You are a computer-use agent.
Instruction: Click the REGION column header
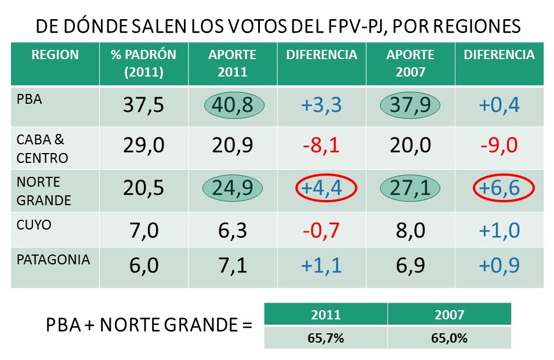[55, 55]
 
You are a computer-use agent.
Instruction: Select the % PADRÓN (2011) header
[143, 63]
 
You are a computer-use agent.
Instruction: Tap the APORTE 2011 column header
[232, 63]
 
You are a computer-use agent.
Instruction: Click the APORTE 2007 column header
[410, 63]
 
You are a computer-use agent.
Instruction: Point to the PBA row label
[30, 99]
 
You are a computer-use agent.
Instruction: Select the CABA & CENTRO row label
[42, 149]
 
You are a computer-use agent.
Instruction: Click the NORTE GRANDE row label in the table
[44, 191]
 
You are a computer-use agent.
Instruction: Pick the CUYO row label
[34, 225]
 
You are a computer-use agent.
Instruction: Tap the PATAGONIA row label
[53, 259]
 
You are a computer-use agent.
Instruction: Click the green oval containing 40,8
[234, 106]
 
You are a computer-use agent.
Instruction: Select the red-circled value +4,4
[321, 188]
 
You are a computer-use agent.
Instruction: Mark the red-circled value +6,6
[499, 188]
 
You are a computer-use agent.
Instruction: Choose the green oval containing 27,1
[411, 188]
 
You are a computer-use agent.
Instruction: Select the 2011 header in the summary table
[325, 315]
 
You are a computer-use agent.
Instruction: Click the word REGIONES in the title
[470, 27]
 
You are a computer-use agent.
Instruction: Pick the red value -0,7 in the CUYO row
[321, 230]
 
